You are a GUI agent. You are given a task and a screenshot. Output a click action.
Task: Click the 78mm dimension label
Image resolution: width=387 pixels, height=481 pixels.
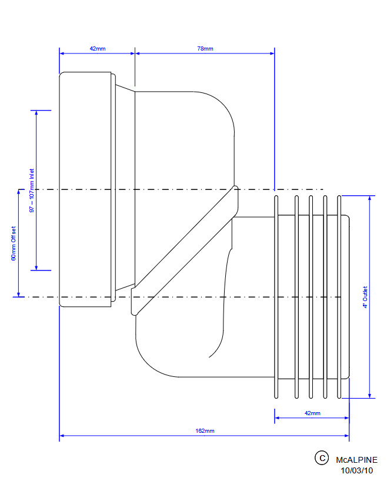coord(205,48)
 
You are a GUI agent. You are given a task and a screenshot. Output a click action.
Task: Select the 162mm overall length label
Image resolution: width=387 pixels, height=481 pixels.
coord(205,430)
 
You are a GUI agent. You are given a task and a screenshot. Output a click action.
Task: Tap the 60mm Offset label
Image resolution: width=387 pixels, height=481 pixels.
coord(14,243)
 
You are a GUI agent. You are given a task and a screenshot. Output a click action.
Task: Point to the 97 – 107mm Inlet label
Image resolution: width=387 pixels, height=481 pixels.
coord(32,191)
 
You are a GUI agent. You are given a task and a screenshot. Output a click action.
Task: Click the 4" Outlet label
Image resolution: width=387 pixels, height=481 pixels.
coord(365,297)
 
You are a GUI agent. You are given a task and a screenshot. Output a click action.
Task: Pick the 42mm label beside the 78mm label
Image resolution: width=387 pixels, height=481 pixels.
coord(98,48)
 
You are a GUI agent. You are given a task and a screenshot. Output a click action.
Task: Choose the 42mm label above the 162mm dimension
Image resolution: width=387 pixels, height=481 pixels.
coord(312,413)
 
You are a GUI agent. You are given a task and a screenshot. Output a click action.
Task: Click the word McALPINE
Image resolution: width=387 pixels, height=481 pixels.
coord(356,460)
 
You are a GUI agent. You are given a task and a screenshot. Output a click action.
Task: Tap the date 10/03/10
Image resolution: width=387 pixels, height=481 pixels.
coord(356,470)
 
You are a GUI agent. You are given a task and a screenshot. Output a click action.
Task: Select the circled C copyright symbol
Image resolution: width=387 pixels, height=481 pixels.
coord(322,458)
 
